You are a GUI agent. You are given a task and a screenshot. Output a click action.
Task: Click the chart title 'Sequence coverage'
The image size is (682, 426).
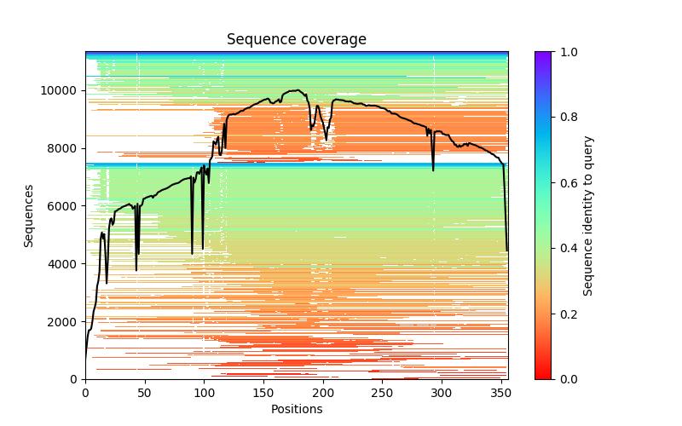point(297,40)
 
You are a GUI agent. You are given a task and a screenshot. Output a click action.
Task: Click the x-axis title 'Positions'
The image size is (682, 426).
point(297,409)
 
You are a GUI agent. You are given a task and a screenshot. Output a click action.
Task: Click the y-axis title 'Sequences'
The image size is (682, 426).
point(29,216)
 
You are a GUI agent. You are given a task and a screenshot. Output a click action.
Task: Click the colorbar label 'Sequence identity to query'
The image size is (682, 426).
point(588,216)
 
